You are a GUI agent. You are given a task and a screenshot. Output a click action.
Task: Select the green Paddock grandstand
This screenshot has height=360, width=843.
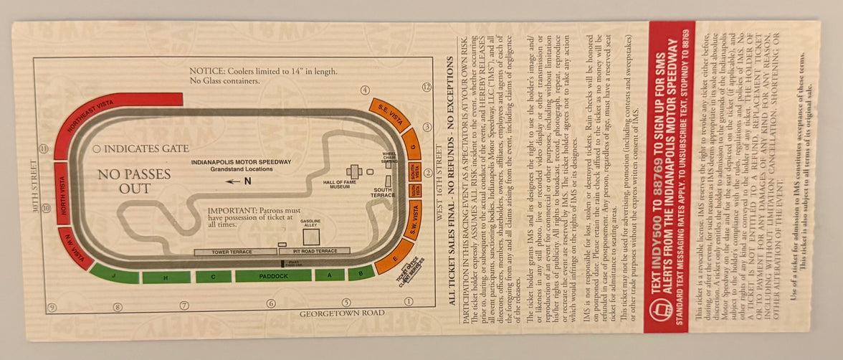coord(273,275)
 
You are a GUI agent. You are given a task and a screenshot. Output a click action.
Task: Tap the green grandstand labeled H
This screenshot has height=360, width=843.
coord(166,278)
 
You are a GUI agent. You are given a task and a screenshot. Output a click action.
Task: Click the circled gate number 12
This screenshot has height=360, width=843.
coord(427,87)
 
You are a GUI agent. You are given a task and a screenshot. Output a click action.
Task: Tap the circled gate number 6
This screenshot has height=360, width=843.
coord(271,303)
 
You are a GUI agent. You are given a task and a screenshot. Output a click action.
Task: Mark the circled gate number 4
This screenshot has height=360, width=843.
coord(365,90)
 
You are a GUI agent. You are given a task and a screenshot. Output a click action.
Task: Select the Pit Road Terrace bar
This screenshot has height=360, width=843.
coord(314,252)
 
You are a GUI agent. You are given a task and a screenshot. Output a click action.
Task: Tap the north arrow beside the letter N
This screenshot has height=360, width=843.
coord(233,181)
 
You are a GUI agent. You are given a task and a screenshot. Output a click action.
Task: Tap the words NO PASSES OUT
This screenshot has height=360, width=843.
coord(135,181)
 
